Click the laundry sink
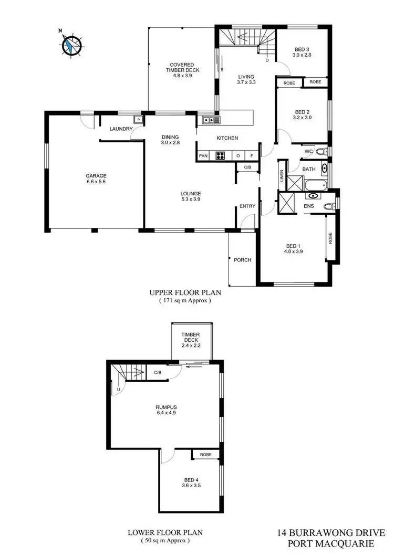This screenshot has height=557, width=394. coord(138,120)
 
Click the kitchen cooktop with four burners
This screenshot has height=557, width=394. coord(221,155)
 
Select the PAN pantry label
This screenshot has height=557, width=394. coord(203,156)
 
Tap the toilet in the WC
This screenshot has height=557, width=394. coord(322,152)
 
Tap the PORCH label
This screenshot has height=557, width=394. coord(242,260)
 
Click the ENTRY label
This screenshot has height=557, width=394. coord(247,206)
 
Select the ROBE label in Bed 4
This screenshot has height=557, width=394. coord(205,455)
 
